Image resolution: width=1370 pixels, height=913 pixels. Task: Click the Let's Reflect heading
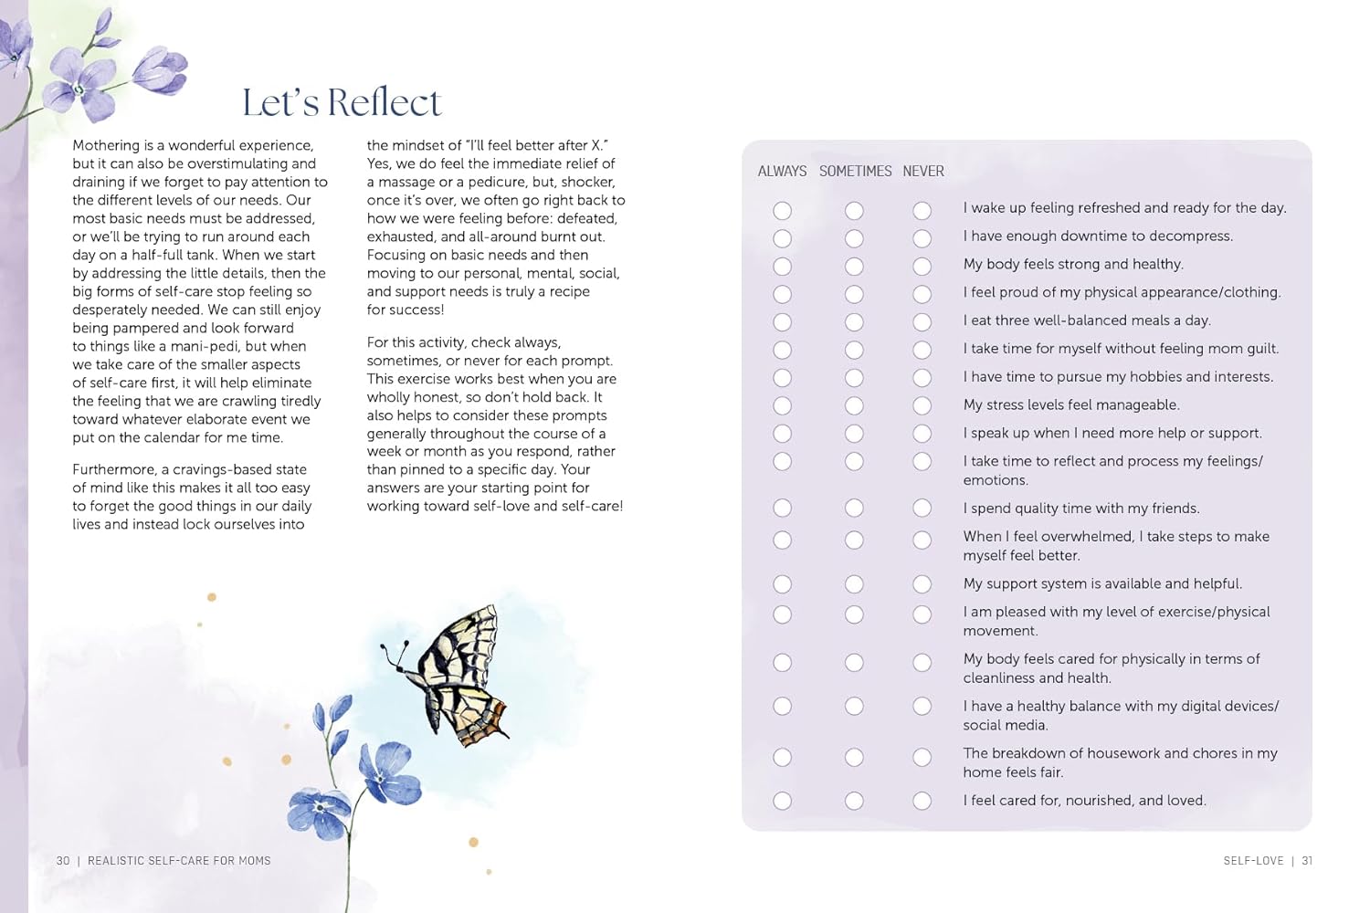(342, 103)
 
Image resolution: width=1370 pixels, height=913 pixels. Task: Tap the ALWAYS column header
(782, 172)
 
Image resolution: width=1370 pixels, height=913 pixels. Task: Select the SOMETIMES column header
(855, 172)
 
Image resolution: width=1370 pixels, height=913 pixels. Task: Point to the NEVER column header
(923, 172)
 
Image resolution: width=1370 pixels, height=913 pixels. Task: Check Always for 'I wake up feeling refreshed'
(783, 211)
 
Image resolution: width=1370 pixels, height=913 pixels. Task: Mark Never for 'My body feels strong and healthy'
(922, 267)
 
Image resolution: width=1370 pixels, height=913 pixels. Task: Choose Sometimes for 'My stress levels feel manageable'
(854, 405)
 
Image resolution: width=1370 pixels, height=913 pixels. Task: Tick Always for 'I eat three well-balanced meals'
(783, 322)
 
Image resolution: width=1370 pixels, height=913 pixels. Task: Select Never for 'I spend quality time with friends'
(922, 508)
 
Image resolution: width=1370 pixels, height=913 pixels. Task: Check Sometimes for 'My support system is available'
(854, 584)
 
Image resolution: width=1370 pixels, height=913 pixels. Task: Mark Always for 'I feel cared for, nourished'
(783, 801)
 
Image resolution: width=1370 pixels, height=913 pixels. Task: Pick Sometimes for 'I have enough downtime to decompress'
(854, 238)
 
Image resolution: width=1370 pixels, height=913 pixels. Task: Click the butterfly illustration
(457, 676)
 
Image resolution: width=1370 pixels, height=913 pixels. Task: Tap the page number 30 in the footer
(63, 861)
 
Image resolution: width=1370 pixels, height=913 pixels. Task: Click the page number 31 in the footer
(1307, 861)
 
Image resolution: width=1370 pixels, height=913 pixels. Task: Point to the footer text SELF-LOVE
(1253, 861)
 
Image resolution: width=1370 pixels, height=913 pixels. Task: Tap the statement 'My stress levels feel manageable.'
(1071, 405)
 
